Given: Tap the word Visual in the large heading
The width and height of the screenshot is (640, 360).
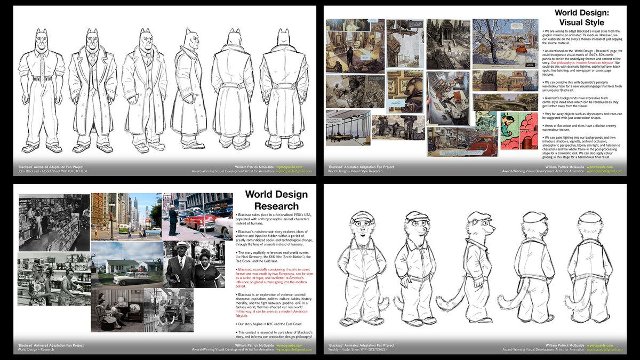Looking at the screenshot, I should tap(566, 22).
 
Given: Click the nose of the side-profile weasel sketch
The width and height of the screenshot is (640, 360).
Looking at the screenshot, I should tap(493, 229).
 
